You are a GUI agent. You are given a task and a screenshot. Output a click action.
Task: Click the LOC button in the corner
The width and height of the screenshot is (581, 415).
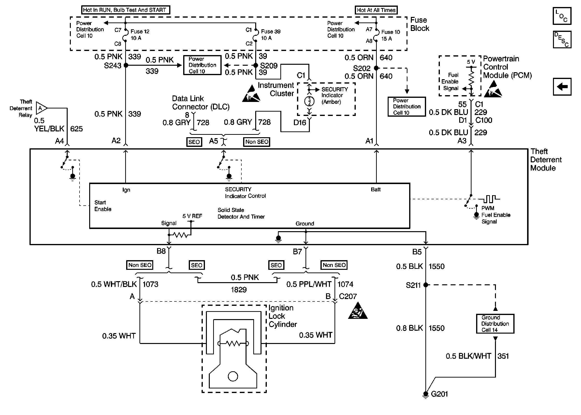(x=562, y=16)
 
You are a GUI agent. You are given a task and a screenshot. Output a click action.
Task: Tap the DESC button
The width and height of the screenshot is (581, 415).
(x=562, y=40)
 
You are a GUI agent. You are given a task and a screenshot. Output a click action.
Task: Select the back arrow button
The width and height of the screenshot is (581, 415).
(x=562, y=87)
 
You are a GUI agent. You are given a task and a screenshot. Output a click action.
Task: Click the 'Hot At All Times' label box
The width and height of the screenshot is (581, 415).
(x=376, y=10)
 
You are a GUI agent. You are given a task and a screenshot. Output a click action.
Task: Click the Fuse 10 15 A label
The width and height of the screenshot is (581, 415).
(x=390, y=35)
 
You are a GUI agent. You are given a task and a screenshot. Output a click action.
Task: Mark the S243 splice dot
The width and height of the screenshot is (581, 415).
(x=126, y=65)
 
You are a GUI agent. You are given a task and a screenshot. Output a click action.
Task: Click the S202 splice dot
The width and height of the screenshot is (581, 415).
(x=376, y=68)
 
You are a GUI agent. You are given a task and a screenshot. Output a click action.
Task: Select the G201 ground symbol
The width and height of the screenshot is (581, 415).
(x=425, y=394)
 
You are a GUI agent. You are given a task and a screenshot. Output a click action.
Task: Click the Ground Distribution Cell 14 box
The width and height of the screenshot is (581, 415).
(x=495, y=323)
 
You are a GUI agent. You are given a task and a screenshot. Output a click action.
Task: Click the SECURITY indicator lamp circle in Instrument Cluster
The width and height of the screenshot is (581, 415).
(x=309, y=101)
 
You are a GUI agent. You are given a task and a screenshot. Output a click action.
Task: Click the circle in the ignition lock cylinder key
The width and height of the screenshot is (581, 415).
(x=232, y=376)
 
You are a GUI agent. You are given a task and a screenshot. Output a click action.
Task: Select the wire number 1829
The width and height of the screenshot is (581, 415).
(x=239, y=290)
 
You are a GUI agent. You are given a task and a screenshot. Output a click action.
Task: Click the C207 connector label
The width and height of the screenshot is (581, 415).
(x=347, y=296)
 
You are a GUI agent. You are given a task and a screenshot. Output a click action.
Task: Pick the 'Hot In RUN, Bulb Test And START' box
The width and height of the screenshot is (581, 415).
(x=125, y=10)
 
